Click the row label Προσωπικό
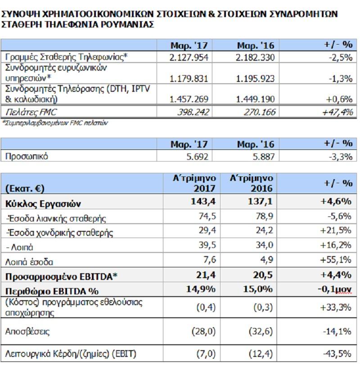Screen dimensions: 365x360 (27, 156)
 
